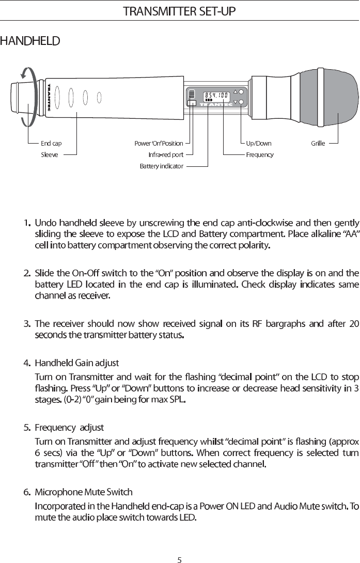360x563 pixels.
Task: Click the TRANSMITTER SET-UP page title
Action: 180,11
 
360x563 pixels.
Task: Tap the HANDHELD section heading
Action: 30,40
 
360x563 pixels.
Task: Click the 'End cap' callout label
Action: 51,144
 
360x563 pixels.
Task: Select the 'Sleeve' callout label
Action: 50,154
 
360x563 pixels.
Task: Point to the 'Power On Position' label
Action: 159,144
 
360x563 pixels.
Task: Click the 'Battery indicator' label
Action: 162,166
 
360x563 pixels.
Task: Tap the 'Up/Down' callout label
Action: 258,144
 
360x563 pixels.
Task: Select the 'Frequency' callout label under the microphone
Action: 259,154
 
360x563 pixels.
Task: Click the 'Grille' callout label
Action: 318,144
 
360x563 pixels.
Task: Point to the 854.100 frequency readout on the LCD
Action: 216,95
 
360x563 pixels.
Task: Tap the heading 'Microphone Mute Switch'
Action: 83,491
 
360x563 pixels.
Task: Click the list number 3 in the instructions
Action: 26,324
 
